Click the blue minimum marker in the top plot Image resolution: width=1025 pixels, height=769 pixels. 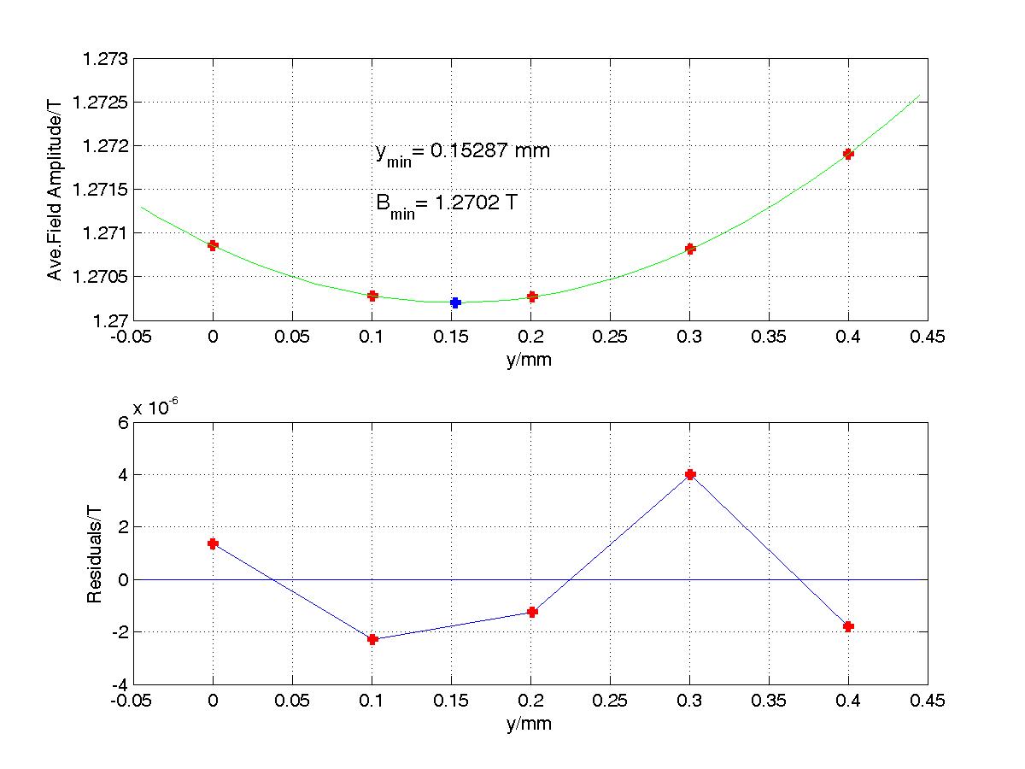[456, 302]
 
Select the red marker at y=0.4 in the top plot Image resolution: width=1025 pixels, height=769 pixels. [848, 154]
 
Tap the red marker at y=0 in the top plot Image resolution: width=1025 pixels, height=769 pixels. [214, 245]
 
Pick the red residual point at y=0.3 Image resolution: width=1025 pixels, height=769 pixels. [690, 474]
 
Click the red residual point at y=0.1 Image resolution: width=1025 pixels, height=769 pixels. [372, 639]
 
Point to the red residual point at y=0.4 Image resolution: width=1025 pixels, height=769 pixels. [848, 626]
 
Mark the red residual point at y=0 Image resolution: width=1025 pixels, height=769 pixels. [214, 543]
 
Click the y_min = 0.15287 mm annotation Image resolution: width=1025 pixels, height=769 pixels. [462, 152]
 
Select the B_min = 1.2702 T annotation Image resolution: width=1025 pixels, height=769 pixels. [445, 205]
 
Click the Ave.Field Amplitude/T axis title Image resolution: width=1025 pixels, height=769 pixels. [55, 189]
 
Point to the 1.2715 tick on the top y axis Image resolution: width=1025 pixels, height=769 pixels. [102, 189]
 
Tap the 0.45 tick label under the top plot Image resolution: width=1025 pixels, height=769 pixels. [927, 338]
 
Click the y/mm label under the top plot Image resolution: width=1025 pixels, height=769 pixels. [530, 360]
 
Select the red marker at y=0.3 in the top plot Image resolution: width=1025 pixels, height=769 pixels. [690, 249]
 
